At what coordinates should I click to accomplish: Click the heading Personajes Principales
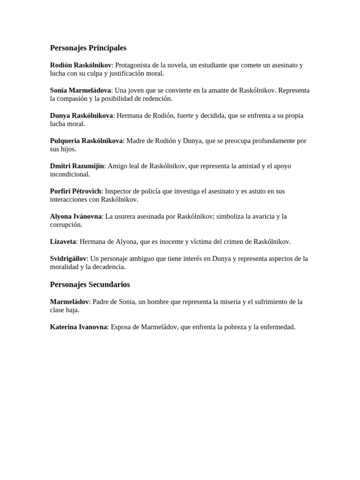(88, 48)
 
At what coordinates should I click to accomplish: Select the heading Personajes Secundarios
(90, 285)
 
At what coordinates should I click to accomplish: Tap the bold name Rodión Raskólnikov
(81, 65)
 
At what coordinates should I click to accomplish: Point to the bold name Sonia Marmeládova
(81, 90)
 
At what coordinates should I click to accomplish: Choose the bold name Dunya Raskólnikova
(82, 116)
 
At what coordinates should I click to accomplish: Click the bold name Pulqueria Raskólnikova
(86, 141)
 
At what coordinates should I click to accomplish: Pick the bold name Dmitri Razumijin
(77, 166)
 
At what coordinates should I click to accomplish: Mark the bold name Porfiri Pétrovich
(75, 191)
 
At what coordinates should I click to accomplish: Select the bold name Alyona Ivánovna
(75, 217)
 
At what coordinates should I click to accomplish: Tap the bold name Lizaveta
(63, 242)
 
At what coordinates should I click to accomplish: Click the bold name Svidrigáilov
(68, 259)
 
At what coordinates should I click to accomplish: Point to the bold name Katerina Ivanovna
(78, 327)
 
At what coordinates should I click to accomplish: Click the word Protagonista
(135, 65)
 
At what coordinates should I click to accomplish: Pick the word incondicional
(70, 174)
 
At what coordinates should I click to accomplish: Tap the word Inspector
(119, 191)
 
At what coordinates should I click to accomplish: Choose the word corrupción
(66, 225)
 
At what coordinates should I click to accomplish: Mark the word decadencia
(108, 267)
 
